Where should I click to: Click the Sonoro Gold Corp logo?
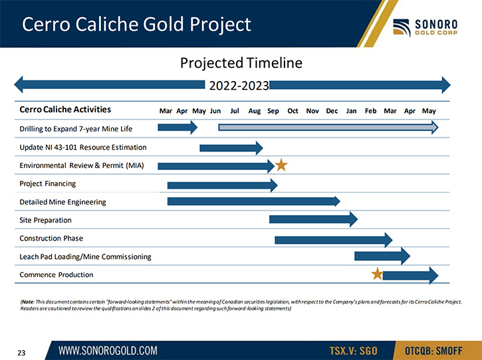[x=425, y=27]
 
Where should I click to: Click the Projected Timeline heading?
[x=241, y=63]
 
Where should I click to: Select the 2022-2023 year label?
[x=239, y=86]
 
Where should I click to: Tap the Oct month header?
[x=293, y=111]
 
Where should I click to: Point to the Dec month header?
[x=332, y=111]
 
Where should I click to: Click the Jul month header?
[x=235, y=111]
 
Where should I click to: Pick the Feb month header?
[x=370, y=111]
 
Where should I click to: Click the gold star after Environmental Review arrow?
[x=281, y=165]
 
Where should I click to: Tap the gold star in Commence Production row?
[x=377, y=274]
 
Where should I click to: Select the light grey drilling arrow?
[x=328, y=128]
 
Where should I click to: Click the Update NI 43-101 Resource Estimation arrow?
[x=231, y=148]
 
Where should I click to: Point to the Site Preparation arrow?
[x=314, y=219]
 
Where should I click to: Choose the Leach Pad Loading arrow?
[x=382, y=256]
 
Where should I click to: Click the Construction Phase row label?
[x=51, y=238]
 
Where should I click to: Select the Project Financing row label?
[x=48, y=184]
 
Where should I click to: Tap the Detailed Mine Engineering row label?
[x=62, y=202]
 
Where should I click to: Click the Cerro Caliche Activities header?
[x=65, y=110]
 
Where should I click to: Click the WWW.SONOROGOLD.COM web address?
[x=108, y=351]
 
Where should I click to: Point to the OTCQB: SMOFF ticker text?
[x=433, y=351]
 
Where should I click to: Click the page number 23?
[x=21, y=353]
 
